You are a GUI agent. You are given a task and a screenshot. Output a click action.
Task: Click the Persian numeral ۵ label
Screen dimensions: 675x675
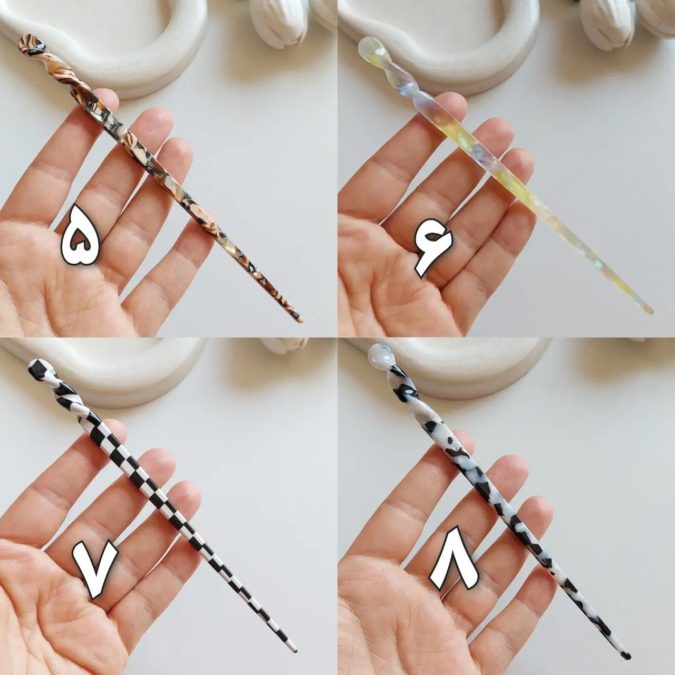(81, 235)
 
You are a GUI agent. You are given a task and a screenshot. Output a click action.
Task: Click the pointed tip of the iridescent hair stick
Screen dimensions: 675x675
(650, 311)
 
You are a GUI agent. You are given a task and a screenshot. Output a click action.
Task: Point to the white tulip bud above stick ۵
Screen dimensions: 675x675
(278, 23)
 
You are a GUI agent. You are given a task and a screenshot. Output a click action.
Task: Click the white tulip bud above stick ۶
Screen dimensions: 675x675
(607, 23)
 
